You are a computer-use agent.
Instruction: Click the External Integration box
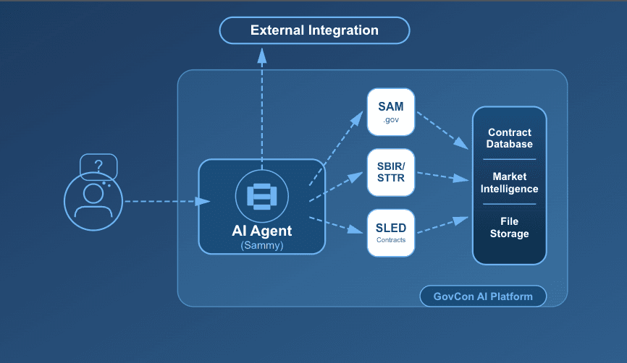(x=314, y=30)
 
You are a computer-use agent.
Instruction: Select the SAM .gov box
(x=391, y=112)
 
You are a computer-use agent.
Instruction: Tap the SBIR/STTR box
(x=391, y=173)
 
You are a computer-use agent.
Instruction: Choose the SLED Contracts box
(x=391, y=232)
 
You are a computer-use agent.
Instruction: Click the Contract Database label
(x=509, y=138)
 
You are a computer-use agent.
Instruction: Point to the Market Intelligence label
(x=509, y=183)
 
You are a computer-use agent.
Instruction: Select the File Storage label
(x=509, y=228)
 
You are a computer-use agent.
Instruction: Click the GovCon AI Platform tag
(x=483, y=296)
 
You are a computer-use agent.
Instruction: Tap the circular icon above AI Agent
(x=262, y=195)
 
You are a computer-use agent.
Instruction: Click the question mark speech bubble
(x=98, y=166)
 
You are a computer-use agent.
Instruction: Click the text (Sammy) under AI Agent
(x=262, y=246)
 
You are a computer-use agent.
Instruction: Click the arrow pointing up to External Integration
(x=262, y=101)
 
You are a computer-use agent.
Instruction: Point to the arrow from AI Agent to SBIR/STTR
(x=336, y=187)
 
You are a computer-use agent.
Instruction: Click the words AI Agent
(x=262, y=231)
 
